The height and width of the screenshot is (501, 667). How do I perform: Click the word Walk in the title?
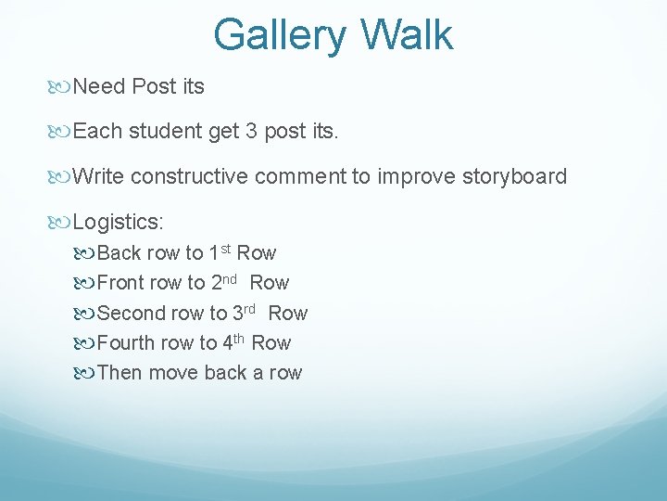tap(407, 34)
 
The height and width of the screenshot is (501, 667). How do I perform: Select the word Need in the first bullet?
tap(99, 87)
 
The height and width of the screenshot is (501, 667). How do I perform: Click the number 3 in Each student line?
tap(252, 132)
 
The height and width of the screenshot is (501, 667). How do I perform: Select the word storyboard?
tap(514, 176)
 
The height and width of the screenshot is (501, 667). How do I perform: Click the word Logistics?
tap(119, 222)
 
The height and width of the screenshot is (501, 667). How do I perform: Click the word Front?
tap(121, 283)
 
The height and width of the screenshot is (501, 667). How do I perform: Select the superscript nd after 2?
tap(231, 278)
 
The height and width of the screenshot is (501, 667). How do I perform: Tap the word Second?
tap(131, 314)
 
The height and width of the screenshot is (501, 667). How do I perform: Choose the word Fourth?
tap(126, 343)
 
